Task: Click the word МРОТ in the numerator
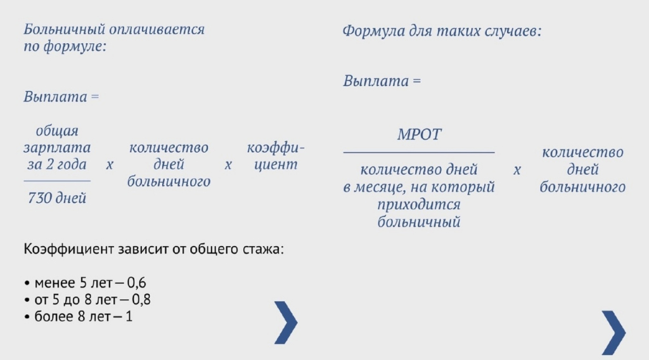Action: coord(420,134)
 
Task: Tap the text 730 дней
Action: coord(56,198)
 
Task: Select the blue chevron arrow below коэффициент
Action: coord(286,323)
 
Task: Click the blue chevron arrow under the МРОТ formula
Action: coord(614,333)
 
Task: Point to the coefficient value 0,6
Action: coord(136,283)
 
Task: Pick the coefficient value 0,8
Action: coord(141,299)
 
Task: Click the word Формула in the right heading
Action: coord(373,31)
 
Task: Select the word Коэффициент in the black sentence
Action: coord(68,249)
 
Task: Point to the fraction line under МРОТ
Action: coord(419,153)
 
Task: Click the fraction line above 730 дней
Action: coord(56,181)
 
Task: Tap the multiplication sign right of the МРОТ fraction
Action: coord(517,170)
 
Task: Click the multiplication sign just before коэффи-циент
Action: coord(228,165)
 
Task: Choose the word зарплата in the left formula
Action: coord(56,148)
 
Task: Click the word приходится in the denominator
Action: coord(419,205)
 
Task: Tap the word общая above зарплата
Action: coord(56,131)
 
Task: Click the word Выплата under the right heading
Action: coord(376,80)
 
